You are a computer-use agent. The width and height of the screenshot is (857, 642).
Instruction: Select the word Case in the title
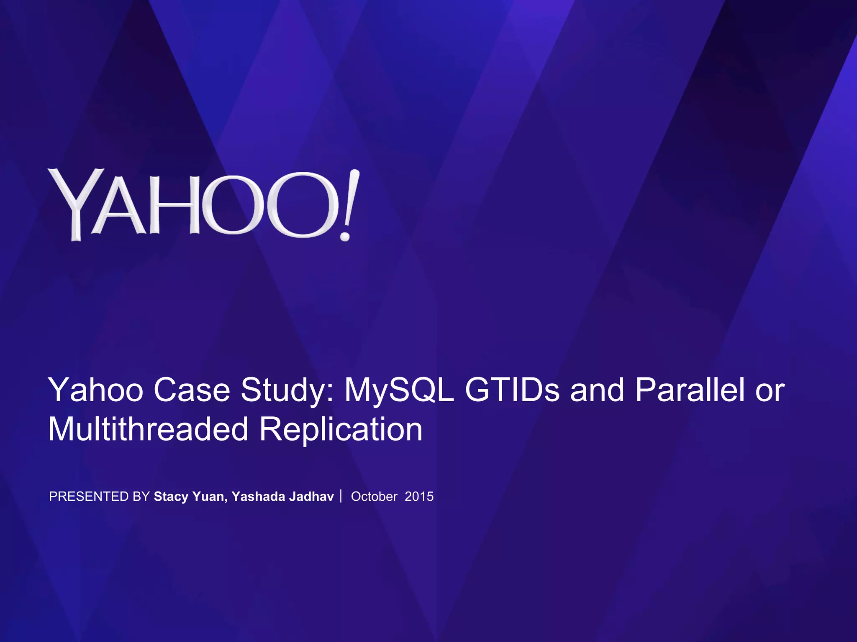(192, 390)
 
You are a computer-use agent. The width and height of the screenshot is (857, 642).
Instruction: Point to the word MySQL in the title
(399, 390)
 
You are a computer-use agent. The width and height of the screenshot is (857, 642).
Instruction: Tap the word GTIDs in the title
(512, 390)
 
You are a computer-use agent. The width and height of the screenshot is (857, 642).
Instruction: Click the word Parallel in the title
(690, 390)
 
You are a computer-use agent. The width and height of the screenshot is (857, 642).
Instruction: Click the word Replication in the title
(341, 429)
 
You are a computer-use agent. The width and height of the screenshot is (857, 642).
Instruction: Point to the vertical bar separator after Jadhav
(341, 496)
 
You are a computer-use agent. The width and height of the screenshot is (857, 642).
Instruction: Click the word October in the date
(374, 497)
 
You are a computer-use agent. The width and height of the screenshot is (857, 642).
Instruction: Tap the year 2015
(419, 497)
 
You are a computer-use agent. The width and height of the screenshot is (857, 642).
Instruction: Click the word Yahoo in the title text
(96, 390)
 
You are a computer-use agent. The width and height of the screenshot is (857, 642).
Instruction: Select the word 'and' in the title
(597, 390)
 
